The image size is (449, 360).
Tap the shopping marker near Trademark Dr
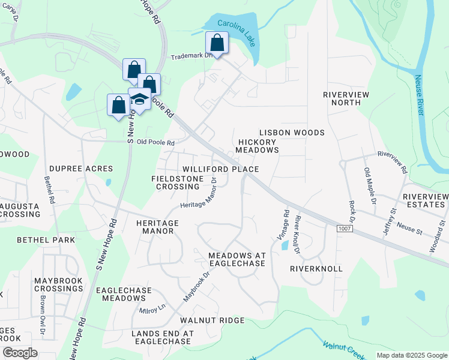217,44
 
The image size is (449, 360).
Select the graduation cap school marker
139,99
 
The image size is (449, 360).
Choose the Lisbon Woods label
292,133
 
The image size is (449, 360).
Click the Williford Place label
220,170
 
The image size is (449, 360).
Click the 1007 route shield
343,229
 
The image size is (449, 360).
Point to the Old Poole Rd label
155,143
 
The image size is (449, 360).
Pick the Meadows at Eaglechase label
237,259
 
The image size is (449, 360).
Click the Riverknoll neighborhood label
316,269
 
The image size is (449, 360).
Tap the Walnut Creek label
343,350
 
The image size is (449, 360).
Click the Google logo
20,353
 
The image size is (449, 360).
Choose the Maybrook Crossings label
58,284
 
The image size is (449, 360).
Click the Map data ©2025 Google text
411,355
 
